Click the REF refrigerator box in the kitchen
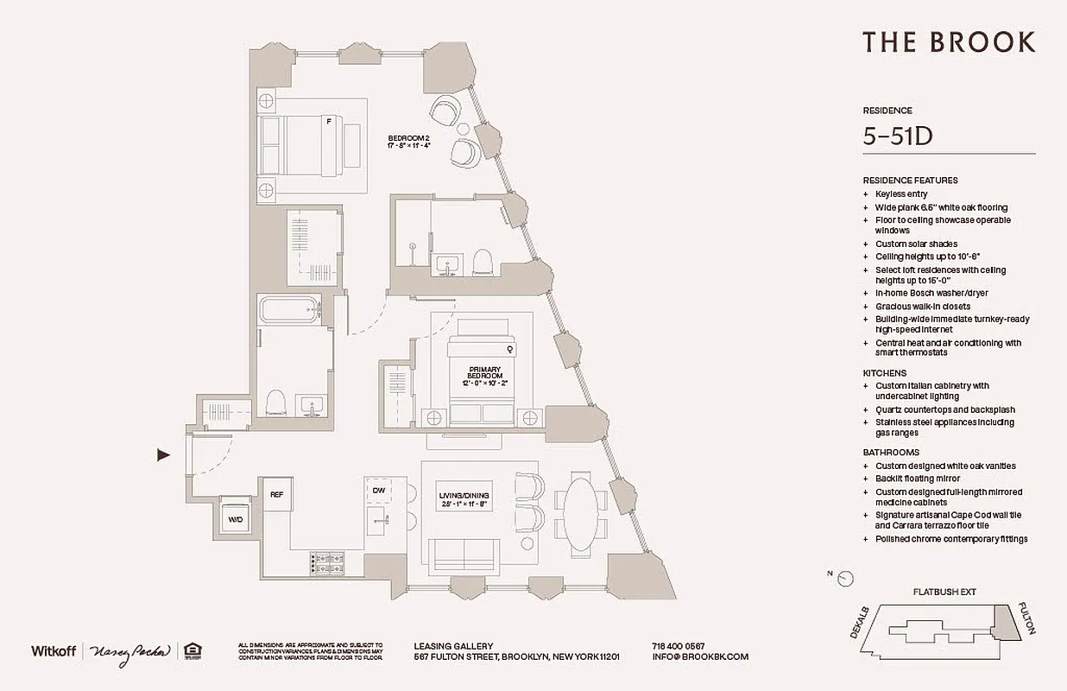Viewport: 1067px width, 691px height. pyautogui.click(x=276, y=494)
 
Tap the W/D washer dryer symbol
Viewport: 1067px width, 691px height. pyautogui.click(x=234, y=519)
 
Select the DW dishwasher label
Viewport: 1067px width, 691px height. pyautogui.click(x=378, y=491)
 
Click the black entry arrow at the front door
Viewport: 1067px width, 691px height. pyautogui.click(x=163, y=455)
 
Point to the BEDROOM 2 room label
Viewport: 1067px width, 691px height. pyautogui.click(x=408, y=141)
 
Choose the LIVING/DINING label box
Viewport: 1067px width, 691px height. pyautogui.click(x=464, y=498)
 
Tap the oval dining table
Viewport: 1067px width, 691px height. pyautogui.click(x=580, y=516)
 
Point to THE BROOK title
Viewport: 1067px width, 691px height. pyautogui.click(x=949, y=41)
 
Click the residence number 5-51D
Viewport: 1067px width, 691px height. pyautogui.click(x=899, y=136)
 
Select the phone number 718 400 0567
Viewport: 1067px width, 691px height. pyautogui.click(x=678, y=645)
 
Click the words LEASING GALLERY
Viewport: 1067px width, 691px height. pyautogui.click(x=453, y=645)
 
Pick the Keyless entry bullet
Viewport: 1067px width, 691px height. pyautogui.click(x=901, y=194)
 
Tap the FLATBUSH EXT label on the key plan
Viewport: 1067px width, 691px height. pyautogui.click(x=944, y=593)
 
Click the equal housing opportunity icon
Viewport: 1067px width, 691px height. pyautogui.click(x=192, y=651)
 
